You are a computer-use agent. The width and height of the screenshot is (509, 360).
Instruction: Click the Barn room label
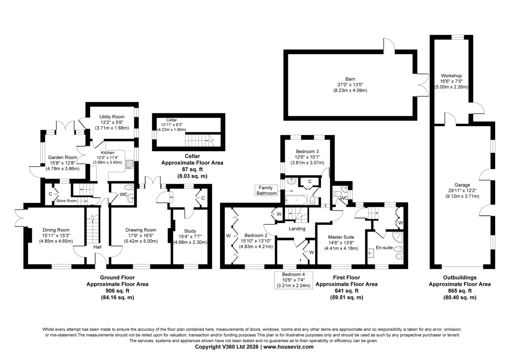coord(350,79)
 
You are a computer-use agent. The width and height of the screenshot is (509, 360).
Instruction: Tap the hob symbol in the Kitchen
coord(129,164)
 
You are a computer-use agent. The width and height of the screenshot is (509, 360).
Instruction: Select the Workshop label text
coord(451,76)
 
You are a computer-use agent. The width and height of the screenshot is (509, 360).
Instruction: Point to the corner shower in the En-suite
coord(398,237)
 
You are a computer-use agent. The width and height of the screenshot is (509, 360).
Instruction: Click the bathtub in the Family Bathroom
coord(296,200)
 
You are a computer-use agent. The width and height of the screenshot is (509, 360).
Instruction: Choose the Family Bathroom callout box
coord(266,190)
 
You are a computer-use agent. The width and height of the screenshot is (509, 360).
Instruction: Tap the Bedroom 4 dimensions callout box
coord(294,280)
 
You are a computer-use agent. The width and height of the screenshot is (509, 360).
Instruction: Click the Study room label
coord(190,231)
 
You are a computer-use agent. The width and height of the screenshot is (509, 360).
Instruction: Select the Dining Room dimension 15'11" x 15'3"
coord(56,236)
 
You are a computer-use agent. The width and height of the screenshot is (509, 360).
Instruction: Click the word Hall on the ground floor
coord(98,247)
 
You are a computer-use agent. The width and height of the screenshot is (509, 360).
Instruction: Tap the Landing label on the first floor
coord(297,228)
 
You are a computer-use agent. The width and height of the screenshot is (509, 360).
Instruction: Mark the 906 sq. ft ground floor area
coord(117,291)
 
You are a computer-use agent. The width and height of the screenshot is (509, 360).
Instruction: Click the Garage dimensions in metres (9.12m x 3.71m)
coord(462,196)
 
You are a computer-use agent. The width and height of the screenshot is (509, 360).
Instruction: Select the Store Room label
coord(67,201)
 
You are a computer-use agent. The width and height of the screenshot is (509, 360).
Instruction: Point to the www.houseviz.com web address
coord(288,347)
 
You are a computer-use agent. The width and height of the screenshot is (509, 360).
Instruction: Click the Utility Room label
coord(112,117)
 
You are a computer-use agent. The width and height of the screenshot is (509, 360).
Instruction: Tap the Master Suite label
coord(341,237)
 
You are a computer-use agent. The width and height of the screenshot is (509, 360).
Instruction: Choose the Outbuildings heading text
coord(460,278)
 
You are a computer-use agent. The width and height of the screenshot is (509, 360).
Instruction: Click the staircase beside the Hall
coord(93,230)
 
